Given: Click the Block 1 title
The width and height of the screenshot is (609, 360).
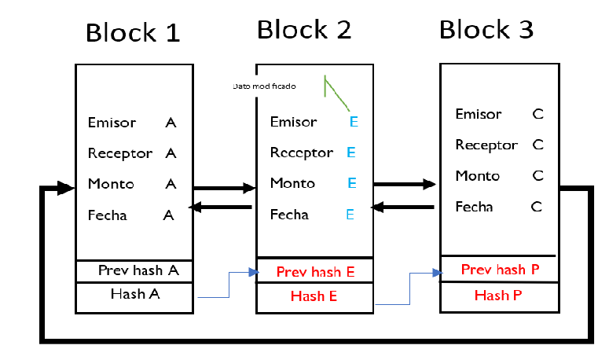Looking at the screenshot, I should (132, 33).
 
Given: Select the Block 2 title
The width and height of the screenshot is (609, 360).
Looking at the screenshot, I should (303, 30).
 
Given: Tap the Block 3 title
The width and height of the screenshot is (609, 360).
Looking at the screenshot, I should (486, 30).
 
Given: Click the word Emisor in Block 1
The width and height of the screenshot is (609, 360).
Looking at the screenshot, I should (112, 123).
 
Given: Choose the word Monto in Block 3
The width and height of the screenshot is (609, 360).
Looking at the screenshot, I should (477, 176).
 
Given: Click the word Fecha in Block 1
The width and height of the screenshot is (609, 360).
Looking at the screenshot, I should (108, 215).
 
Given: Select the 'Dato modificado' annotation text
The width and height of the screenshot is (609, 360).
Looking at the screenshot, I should (264, 86).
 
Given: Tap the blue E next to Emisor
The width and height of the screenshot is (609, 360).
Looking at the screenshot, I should (354, 122).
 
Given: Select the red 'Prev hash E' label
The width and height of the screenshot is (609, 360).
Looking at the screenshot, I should (315, 273).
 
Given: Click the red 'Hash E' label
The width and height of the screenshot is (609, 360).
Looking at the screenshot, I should (314, 296).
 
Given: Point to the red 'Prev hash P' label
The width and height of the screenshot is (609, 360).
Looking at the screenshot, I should (499, 270).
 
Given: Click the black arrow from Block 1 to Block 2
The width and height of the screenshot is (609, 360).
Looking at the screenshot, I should (224, 188).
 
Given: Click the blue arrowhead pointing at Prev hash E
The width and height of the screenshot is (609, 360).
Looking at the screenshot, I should (253, 272).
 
